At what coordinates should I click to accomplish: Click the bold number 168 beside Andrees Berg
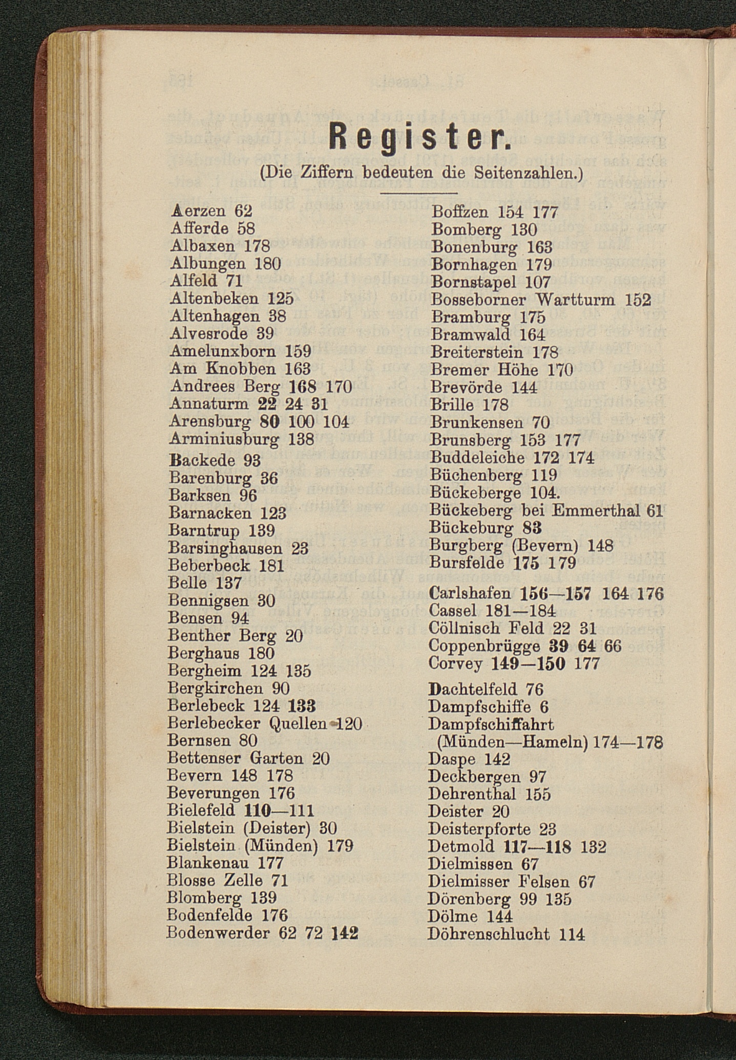click(302, 386)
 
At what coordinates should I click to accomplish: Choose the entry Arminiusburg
click(224, 439)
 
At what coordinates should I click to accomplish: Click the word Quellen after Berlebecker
click(298, 724)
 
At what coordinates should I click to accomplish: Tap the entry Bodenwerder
click(218, 933)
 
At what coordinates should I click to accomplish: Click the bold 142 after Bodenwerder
click(345, 933)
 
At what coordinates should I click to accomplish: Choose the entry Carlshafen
click(470, 593)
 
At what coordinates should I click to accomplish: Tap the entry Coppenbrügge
click(483, 646)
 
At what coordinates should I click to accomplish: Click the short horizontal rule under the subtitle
click(418, 193)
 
